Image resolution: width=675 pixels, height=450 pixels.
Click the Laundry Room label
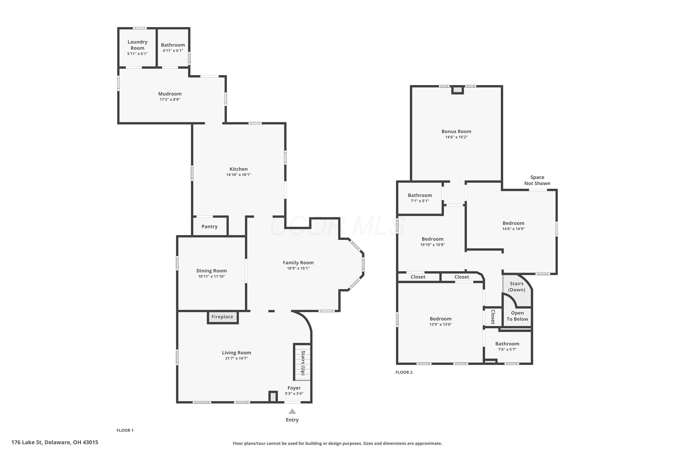pos(137,45)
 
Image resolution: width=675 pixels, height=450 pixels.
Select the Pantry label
pos(209,226)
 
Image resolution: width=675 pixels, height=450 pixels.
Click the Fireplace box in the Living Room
pos(223,317)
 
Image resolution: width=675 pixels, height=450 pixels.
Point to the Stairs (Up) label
pos(303,363)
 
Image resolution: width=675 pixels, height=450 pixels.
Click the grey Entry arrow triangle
pos(292,412)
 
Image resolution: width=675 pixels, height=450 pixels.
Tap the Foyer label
pos(294,388)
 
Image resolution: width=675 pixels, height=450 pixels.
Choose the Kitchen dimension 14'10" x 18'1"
pos(238,175)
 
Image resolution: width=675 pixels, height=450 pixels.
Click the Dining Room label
pos(211,271)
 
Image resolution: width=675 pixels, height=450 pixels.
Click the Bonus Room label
pos(456,131)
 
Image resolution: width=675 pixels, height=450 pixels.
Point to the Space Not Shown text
pos(537,180)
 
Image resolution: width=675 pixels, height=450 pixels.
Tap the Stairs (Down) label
pos(517,287)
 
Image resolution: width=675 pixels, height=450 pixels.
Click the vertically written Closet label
pos(493,317)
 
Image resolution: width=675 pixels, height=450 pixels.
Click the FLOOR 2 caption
pos(404,372)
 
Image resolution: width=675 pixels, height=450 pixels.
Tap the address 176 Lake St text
pos(27,442)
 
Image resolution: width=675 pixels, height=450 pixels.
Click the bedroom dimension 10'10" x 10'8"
pos(432,245)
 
